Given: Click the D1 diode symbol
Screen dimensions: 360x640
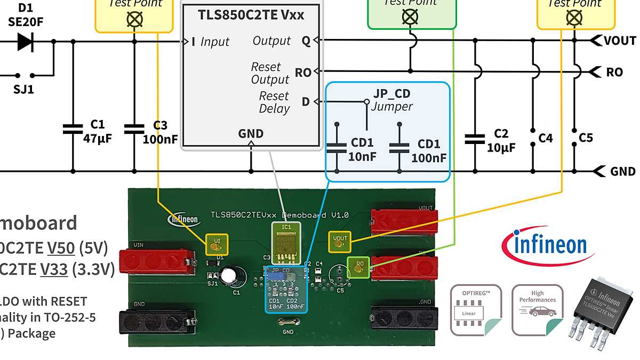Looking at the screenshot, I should pyautogui.click(x=25, y=41).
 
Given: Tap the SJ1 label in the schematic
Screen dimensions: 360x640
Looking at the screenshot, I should pyautogui.click(x=23, y=90).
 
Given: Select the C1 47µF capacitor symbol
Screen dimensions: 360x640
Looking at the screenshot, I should pyautogui.click(x=73, y=129).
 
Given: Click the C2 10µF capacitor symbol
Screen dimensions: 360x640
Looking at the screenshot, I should pyautogui.click(x=474, y=139).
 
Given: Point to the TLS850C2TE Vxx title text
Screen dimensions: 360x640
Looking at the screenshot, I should pyautogui.click(x=251, y=15).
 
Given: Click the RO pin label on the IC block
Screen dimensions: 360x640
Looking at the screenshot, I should pyautogui.click(x=303, y=73).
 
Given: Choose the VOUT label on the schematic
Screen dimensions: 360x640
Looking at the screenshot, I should pyautogui.click(x=620, y=41).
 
